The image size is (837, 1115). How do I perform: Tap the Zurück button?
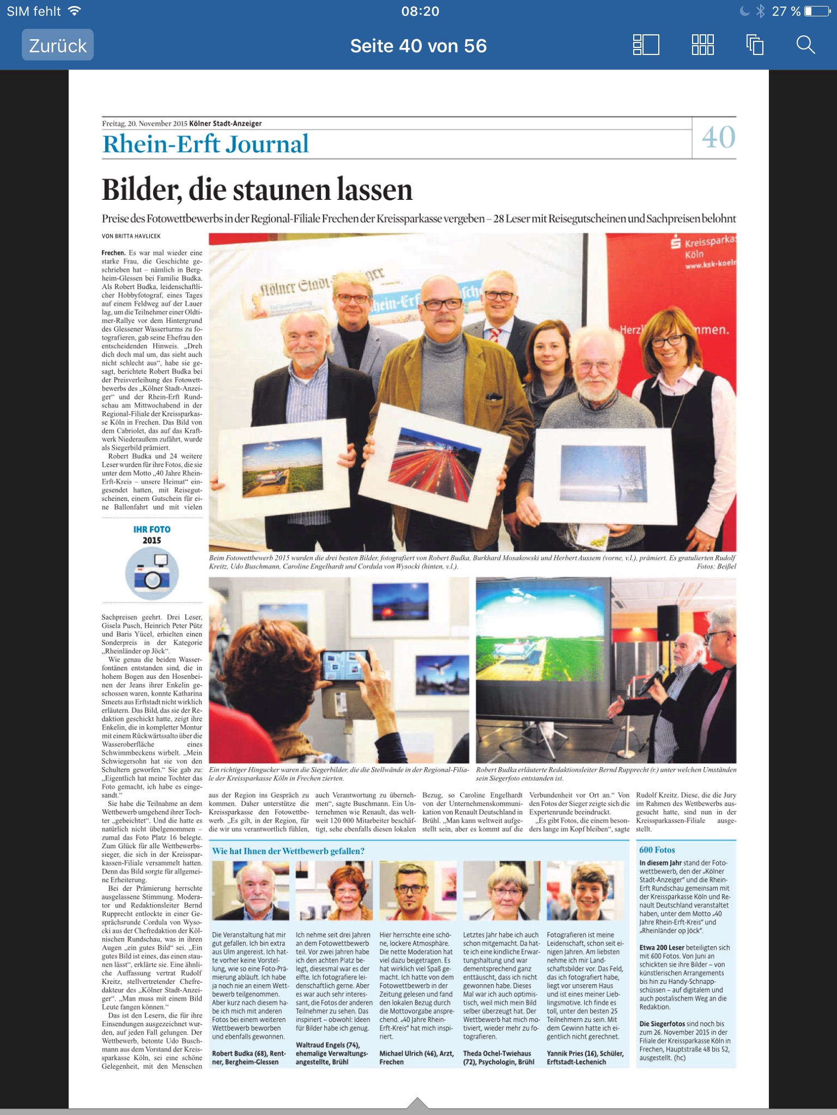pyautogui.click(x=58, y=45)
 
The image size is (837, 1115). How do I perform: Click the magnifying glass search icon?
pyautogui.click(x=805, y=45)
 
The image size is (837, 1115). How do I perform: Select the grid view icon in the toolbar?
pyautogui.click(x=702, y=45)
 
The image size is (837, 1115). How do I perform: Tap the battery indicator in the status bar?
pyautogui.click(x=817, y=11)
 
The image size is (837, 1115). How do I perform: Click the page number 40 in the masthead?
pyautogui.click(x=718, y=137)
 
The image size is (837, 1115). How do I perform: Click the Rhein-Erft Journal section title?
pyautogui.click(x=205, y=144)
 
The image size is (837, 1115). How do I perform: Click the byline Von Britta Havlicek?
pyautogui.click(x=131, y=236)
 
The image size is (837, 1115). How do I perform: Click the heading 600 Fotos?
pyautogui.click(x=657, y=850)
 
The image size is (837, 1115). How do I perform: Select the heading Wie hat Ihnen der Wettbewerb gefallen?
pyautogui.click(x=288, y=851)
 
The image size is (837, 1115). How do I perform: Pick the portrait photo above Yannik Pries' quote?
pyautogui.click(x=585, y=891)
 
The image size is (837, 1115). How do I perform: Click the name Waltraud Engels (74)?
pyautogui.click(x=327, y=1045)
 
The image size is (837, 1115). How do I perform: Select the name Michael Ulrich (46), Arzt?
pyautogui.click(x=416, y=1053)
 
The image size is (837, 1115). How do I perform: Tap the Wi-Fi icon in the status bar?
pyautogui.click(x=75, y=11)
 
